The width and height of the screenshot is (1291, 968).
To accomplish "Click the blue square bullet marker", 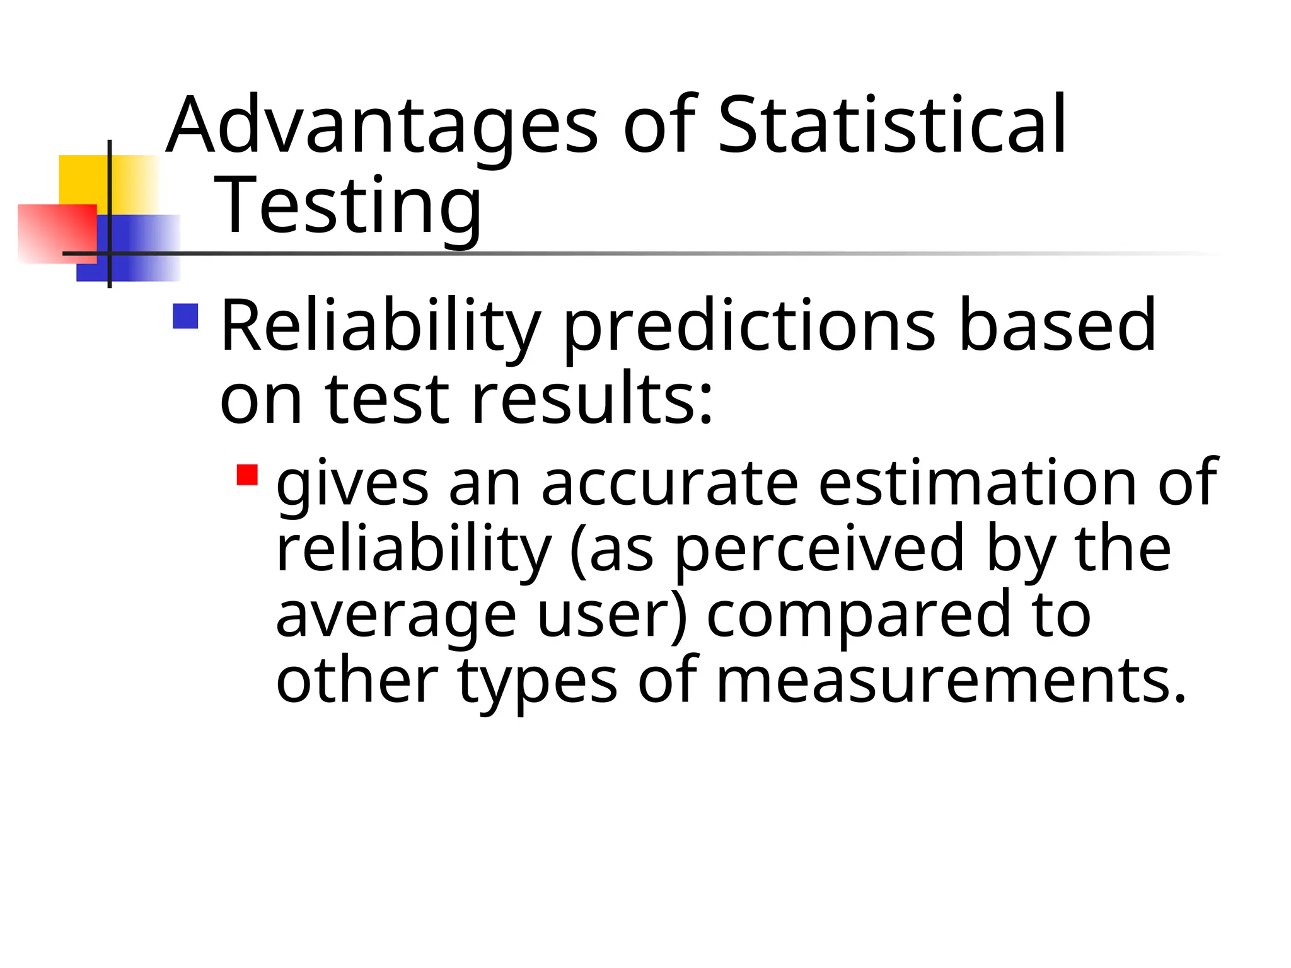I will click(185, 316).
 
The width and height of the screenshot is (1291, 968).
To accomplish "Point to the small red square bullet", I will click(247, 475).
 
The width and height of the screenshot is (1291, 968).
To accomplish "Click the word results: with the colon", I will click(592, 400).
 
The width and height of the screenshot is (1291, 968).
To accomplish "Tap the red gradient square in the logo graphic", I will click(57, 233).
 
